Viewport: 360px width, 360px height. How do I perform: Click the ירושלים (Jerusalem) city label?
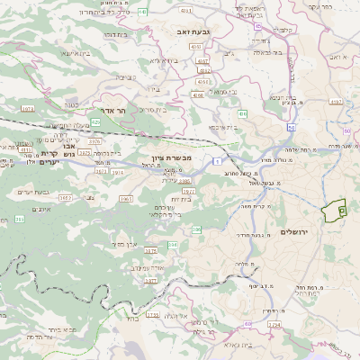click(294, 232)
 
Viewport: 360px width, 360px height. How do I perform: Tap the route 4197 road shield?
click(336, 102)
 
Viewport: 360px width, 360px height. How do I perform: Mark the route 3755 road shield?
click(150, 251)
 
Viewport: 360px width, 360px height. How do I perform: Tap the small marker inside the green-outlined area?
click(341, 210)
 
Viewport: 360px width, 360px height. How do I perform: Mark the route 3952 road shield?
click(66, 196)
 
